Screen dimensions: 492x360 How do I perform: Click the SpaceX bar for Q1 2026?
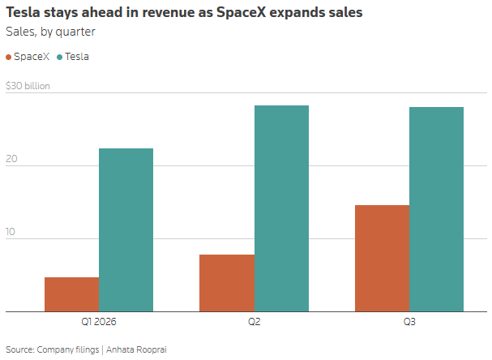[x=72, y=294]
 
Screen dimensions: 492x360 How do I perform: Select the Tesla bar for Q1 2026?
[x=126, y=230]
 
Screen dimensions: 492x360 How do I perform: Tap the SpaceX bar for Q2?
[x=227, y=283]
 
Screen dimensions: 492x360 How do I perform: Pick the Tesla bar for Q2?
[x=281, y=208]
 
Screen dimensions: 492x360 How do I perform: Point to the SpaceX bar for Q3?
[x=383, y=259]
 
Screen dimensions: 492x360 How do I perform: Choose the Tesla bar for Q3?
[x=436, y=209]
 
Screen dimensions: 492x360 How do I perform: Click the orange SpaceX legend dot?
[x=8, y=57]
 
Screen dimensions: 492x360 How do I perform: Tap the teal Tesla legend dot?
[x=60, y=57]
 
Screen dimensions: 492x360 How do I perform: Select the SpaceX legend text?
[x=32, y=57]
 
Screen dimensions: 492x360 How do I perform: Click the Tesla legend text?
[x=77, y=57]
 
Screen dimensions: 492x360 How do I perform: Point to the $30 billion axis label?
[x=28, y=86]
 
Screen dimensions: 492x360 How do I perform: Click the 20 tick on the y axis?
[x=11, y=159]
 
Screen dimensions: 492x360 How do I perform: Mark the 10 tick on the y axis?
[x=11, y=232]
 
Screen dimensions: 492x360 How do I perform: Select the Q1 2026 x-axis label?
[x=99, y=322]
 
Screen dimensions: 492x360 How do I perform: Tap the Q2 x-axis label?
[x=255, y=322]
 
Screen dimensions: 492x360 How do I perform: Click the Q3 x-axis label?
[x=409, y=322]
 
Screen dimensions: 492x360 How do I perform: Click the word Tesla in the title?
[x=23, y=12]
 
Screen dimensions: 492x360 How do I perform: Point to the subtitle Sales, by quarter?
[x=50, y=32]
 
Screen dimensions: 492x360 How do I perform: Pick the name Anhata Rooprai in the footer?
[x=136, y=349]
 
